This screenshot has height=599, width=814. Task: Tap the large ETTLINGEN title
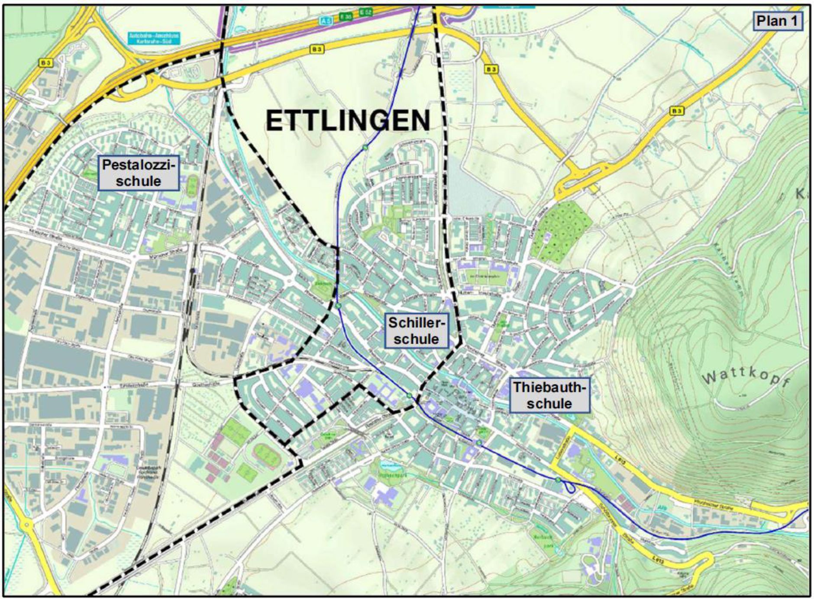tap(348, 121)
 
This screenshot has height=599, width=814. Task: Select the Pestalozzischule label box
tap(139, 173)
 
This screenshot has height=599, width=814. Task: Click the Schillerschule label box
tap(416, 331)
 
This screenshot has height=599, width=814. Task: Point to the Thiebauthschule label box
tap(549, 395)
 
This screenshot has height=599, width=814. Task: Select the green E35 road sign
tap(346, 16)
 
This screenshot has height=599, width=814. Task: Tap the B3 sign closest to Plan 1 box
tap(677, 111)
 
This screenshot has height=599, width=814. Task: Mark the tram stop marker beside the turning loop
tap(559, 480)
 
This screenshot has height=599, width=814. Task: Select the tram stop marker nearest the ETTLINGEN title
tap(365, 148)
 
